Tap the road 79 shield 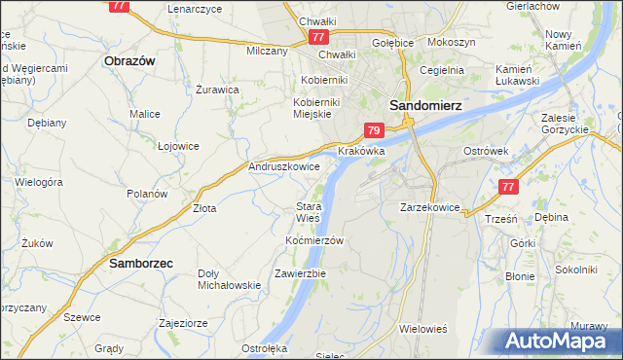coord(375,130)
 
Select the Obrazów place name coord(129,59)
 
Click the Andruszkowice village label coord(284,167)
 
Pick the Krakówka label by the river coord(361,152)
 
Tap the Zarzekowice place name coord(429,207)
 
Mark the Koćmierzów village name coord(314,239)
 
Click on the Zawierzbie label coord(300,273)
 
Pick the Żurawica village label coord(217,90)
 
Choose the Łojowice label coord(178,146)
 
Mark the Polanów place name coord(148,194)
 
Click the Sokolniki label coord(574,269)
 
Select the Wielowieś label coord(422,329)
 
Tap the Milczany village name coord(268,51)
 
